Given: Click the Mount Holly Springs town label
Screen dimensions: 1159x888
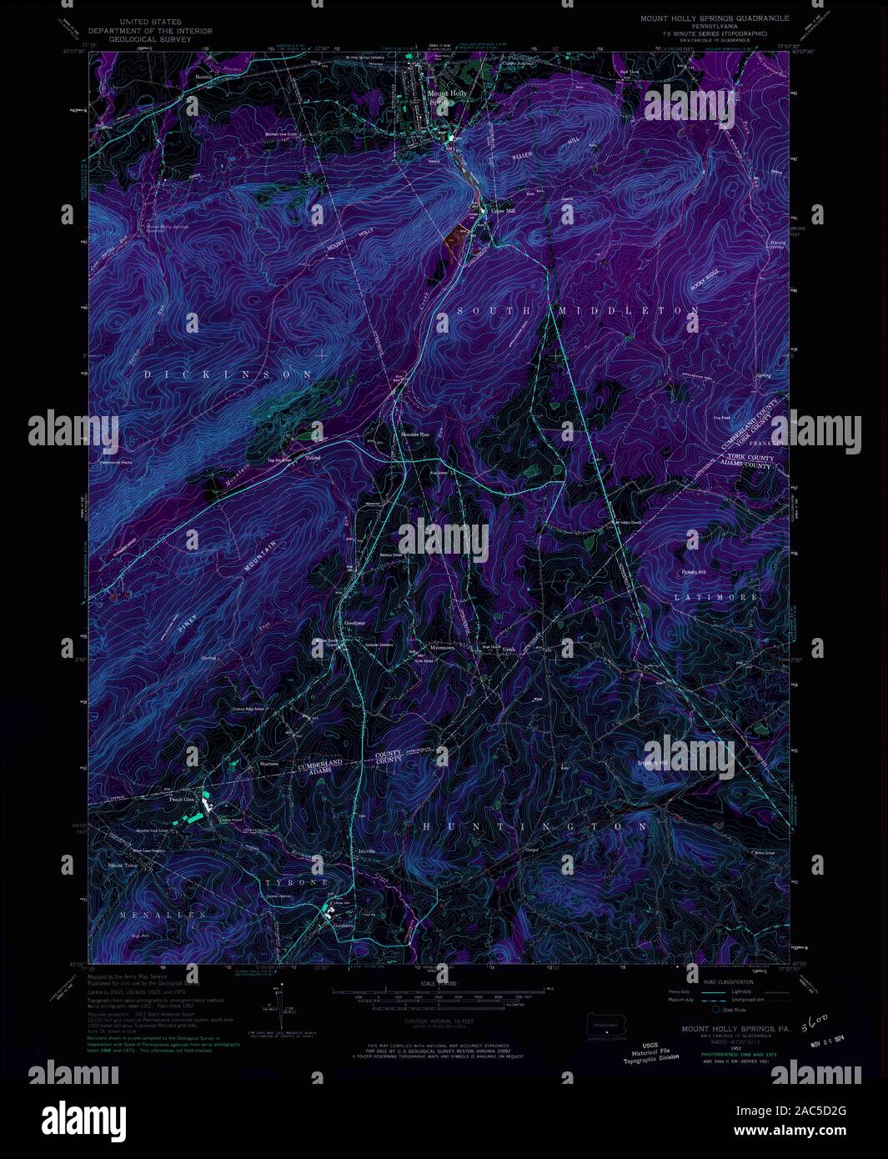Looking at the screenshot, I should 447,97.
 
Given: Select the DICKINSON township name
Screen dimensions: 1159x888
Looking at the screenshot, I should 229,375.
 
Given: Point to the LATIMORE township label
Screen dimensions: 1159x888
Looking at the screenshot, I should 717,598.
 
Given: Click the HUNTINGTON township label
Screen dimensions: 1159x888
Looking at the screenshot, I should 534,826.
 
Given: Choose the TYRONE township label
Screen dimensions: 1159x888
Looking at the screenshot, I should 298,882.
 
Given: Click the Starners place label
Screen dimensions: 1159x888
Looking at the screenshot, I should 268,764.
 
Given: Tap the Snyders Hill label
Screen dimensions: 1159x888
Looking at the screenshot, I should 653,763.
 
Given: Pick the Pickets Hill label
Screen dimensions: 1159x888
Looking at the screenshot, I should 693,572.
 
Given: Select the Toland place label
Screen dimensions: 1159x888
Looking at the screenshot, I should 313,458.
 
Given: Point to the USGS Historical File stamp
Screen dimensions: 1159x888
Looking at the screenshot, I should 651,1051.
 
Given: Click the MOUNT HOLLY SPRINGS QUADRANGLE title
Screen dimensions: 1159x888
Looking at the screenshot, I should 715,18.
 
